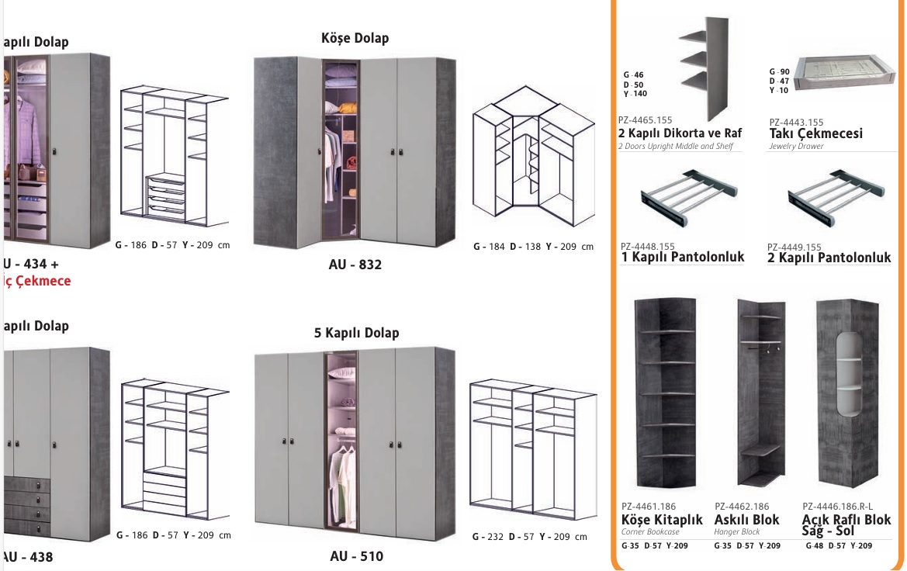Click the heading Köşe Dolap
pos(355,38)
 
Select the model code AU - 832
pos(355,265)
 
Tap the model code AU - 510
pos(356,556)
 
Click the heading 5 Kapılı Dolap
pos(356,333)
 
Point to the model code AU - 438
pos(28,557)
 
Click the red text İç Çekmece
pos(36,281)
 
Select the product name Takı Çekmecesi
pos(815,133)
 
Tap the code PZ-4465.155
pos(646,121)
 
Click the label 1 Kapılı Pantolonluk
pos(683,257)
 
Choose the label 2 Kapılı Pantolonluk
pos(829,257)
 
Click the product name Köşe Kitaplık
pos(662,520)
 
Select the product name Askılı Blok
pos(746,520)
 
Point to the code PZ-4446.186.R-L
pos(837,506)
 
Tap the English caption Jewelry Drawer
pos(796,146)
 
